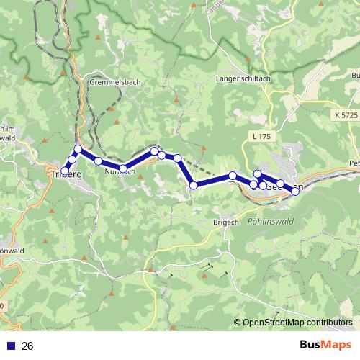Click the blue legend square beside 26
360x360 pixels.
pyautogui.click(x=9, y=346)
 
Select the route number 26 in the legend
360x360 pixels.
pyautogui.click(x=28, y=346)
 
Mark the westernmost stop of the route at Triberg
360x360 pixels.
pyautogui.click(x=66, y=171)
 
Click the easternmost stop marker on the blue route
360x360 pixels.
pyautogui.click(x=295, y=191)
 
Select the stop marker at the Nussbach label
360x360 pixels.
pyautogui.click(x=123, y=168)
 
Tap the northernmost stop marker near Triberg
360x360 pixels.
pyautogui.click(x=78, y=149)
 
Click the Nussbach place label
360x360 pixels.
pyautogui.click(x=120, y=174)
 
